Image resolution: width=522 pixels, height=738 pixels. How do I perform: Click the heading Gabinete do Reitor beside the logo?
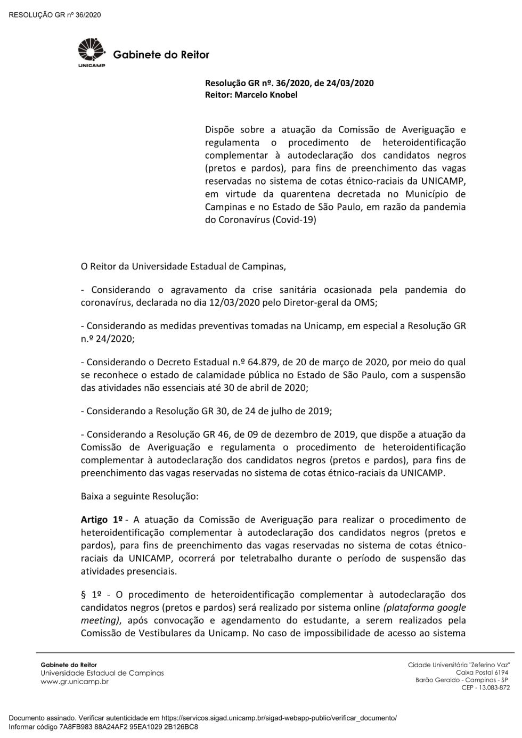161,55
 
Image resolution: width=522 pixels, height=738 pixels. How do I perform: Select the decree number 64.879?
266,362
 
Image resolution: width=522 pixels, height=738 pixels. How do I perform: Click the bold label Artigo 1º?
102,520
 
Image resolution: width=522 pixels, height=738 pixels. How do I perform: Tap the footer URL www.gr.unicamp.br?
75,682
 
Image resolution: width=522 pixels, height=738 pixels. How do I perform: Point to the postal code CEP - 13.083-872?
485,687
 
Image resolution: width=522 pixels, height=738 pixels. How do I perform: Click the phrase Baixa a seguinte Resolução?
140,496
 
